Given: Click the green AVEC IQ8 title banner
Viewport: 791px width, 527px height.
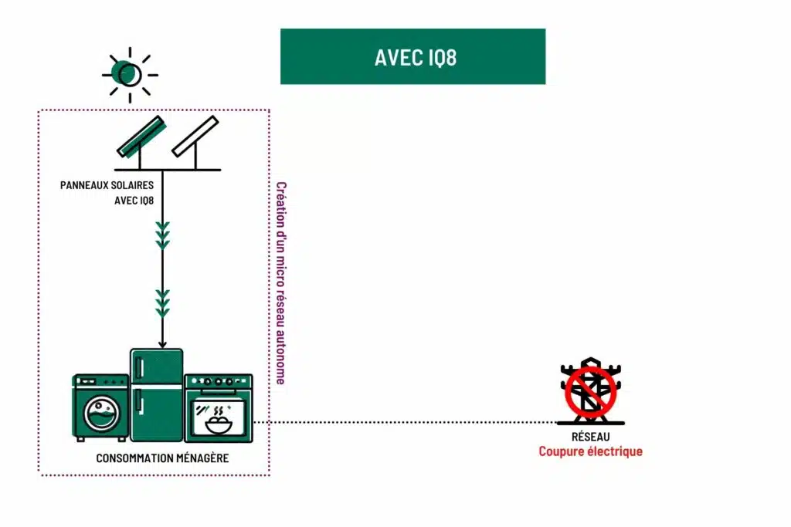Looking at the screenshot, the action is coord(412,56).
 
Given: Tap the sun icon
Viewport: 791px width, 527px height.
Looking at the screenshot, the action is coord(130,75).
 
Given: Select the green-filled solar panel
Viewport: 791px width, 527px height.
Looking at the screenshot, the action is coord(142,137).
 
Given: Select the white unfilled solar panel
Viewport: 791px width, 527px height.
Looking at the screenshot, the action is coord(195,136).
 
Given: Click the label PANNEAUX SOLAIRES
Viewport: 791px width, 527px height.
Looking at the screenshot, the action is coord(107,185).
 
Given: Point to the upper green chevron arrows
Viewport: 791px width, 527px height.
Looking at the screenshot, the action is coord(162,235).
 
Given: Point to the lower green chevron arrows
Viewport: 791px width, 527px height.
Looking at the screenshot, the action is coord(162,303).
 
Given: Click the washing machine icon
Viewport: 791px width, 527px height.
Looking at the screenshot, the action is coord(100,407).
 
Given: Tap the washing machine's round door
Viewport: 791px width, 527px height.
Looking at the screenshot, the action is coord(103,414).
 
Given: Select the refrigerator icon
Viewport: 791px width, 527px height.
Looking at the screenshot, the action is coord(156,395).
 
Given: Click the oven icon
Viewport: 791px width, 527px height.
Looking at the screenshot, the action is coord(219,408).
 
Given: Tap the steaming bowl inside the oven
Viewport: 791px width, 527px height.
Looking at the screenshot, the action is coord(219,421).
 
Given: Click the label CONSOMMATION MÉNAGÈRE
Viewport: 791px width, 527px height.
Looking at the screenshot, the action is coord(162,458).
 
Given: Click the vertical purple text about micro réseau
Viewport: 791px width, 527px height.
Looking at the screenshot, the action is coord(281,283).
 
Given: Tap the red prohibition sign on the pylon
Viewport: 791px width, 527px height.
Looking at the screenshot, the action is coord(591,392).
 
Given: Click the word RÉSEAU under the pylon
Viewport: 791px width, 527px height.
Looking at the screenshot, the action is coord(591,437).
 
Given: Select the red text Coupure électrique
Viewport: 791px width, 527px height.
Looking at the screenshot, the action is coord(591,451).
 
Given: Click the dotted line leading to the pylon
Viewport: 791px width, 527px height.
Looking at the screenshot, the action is coord(404,422).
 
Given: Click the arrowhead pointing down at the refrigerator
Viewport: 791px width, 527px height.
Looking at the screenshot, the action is coord(162,344).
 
